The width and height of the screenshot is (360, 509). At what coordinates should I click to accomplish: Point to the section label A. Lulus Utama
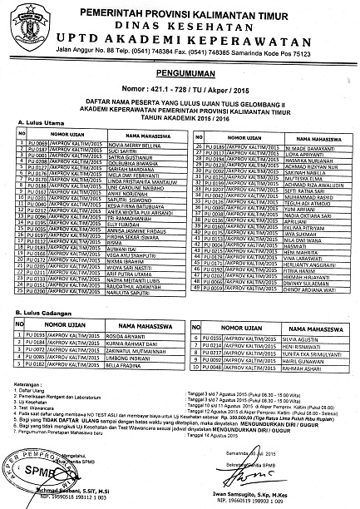(x=38, y=122)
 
